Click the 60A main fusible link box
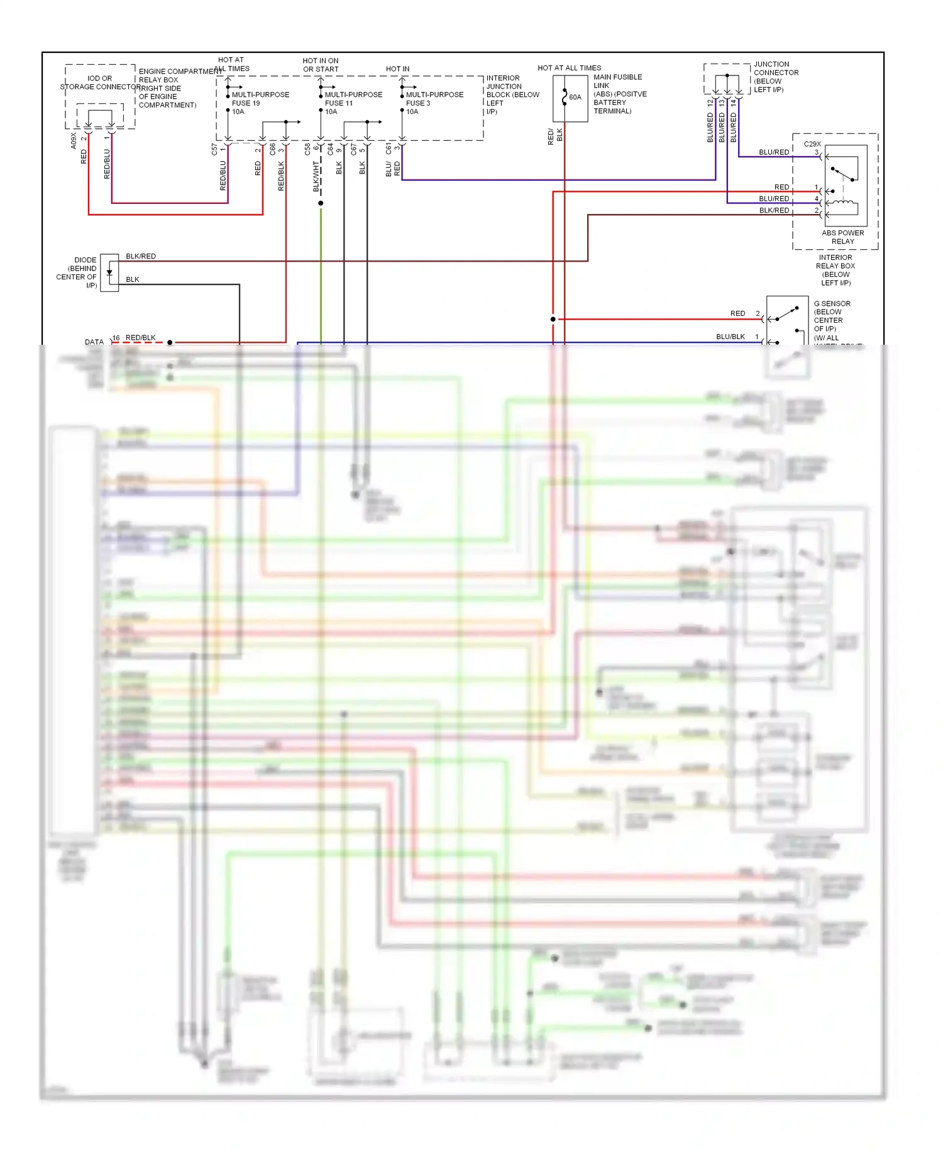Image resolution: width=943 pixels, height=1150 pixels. click(x=570, y=98)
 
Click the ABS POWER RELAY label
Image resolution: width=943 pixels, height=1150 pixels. click(x=842, y=237)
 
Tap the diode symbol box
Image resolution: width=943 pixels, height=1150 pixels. click(x=109, y=272)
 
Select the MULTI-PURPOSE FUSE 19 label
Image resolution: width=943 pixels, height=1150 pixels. click(x=260, y=99)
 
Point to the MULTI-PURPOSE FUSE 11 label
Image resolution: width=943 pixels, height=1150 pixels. click(x=353, y=99)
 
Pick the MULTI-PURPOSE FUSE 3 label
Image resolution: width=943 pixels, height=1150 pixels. click(x=434, y=99)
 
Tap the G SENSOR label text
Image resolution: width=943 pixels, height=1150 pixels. click(x=832, y=304)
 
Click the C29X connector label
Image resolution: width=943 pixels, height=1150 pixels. click(x=812, y=144)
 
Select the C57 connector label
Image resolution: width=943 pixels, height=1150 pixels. click(x=214, y=149)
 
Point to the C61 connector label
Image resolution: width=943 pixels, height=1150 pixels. click(x=389, y=149)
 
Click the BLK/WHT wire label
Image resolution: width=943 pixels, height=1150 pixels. click(x=316, y=176)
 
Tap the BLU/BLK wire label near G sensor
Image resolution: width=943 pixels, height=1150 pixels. click(x=730, y=337)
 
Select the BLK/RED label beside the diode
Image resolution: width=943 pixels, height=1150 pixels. click(x=141, y=256)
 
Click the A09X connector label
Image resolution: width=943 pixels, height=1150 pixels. click(x=74, y=140)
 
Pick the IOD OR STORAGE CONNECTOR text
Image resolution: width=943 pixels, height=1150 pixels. click(x=100, y=82)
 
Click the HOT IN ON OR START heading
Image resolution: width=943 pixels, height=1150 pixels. click(x=321, y=65)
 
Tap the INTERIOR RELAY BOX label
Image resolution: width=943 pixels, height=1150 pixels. click(x=835, y=270)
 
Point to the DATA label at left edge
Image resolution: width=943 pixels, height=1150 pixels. click(x=94, y=342)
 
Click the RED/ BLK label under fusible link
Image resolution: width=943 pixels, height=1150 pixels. click(x=555, y=136)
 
